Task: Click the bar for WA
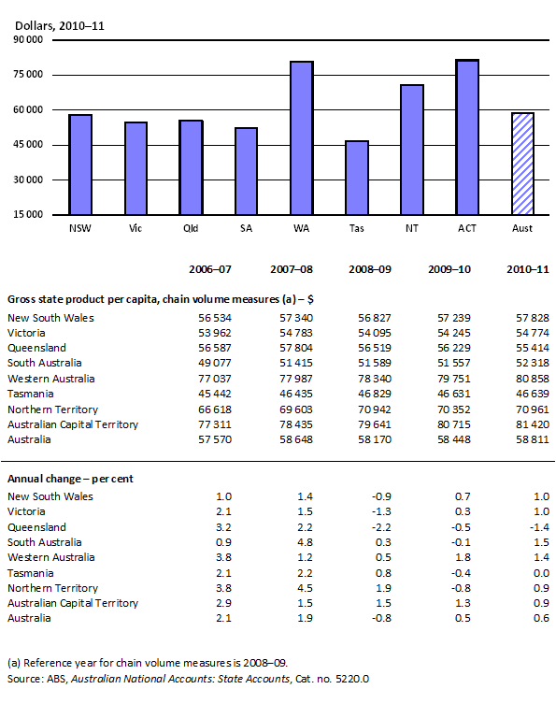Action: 301,137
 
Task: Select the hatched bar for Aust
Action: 522,163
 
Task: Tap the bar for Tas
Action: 357,178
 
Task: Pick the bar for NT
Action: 412,150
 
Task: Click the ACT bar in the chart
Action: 467,137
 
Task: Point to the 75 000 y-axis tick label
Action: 27,75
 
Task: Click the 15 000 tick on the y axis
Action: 27,214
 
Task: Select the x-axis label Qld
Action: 191,228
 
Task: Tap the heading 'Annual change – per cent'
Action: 70,479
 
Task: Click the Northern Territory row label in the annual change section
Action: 52,588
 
